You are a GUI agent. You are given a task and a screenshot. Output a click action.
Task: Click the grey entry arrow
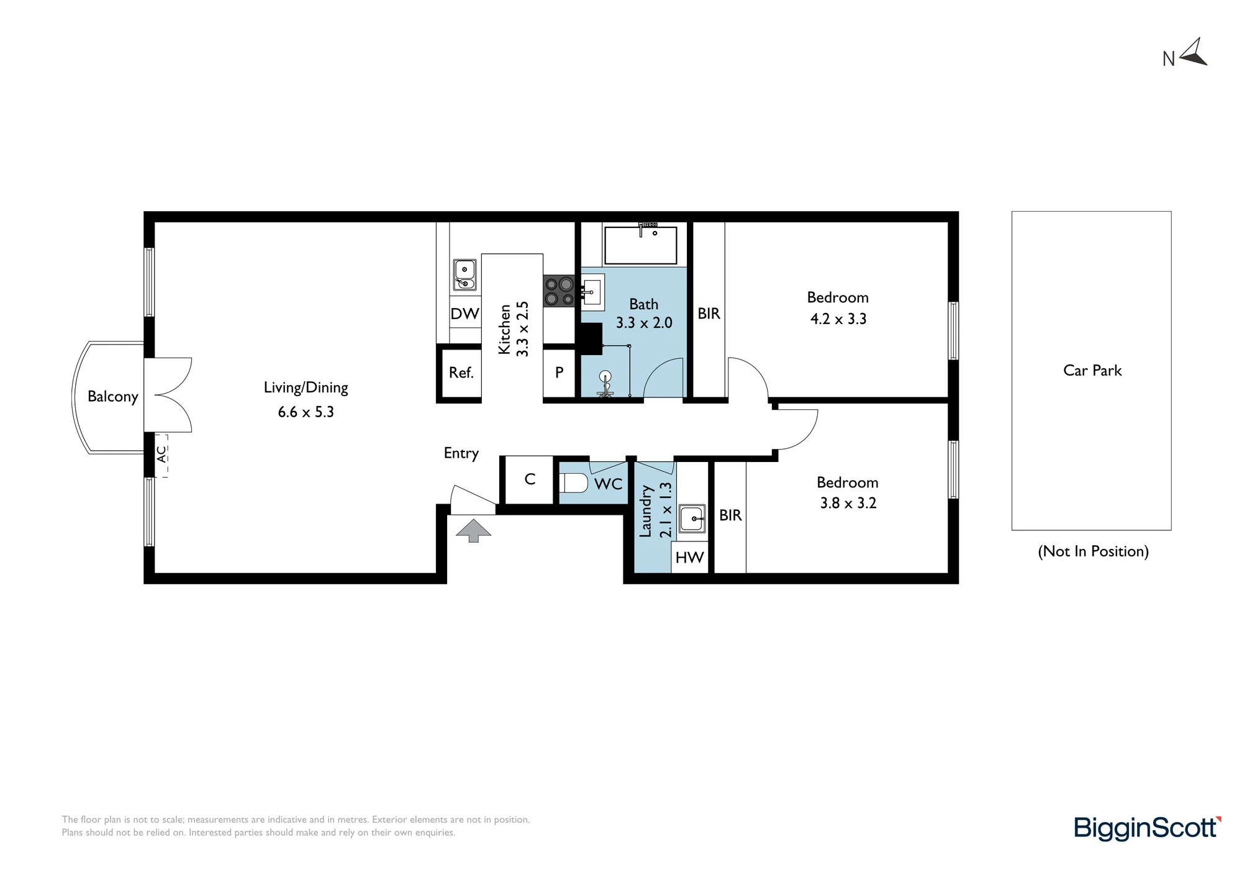click(473, 530)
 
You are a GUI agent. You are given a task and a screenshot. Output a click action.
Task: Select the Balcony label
click(112, 397)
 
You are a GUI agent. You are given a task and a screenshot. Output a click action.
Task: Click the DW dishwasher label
click(465, 314)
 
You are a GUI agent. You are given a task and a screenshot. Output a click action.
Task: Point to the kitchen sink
click(465, 275)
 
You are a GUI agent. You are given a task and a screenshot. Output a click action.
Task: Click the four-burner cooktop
click(559, 291)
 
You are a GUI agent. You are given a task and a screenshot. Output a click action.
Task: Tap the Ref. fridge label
click(461, 373)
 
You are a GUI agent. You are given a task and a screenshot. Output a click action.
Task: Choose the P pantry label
click(560, 373)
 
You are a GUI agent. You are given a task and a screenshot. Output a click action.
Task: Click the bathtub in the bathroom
click(640, 245)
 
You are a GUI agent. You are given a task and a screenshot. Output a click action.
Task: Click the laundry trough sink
click(692, 518)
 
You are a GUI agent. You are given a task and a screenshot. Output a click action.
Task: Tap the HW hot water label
click(689, 557)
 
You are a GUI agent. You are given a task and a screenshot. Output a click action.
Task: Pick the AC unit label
click(161, 454)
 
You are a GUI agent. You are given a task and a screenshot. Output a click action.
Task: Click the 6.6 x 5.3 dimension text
click(306, 412)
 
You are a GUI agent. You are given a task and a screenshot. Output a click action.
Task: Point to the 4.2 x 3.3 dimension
click(838, 319)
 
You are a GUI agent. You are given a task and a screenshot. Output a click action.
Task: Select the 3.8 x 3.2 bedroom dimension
click(848, 503)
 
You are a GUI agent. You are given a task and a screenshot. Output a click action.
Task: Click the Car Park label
click(1092, 371)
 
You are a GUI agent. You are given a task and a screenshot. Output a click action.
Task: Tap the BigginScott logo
click(1148, 828)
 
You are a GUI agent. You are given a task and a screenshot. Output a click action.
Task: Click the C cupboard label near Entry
click(530, 479)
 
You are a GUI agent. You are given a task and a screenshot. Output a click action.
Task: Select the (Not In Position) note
click(1094, 551)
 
